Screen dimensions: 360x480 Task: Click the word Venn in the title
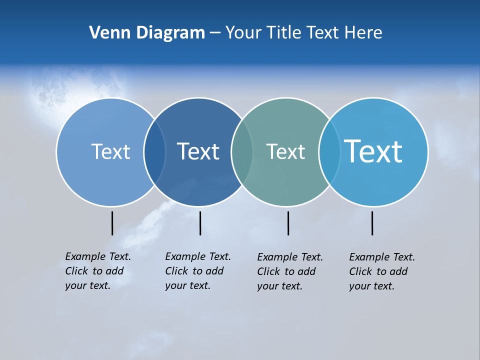point(105,33)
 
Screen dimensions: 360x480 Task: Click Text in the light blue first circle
point(110,151)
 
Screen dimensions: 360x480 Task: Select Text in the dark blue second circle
point(198,151)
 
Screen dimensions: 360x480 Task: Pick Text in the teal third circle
point(285,151)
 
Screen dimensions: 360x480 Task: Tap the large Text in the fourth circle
point(373,151)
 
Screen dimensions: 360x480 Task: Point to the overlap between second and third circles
point(242,152)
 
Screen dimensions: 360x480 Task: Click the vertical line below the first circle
point(112,223)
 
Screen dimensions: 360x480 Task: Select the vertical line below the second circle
point(200,223)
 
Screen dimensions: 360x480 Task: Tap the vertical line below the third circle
point(288,223)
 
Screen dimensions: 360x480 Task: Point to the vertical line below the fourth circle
point(372,223)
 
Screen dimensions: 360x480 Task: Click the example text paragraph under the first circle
point(97,271)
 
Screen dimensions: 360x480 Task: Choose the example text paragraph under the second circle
point(197,271)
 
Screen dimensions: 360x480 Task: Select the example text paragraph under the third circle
point(289,271)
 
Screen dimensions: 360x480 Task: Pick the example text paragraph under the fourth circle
point(381,271)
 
